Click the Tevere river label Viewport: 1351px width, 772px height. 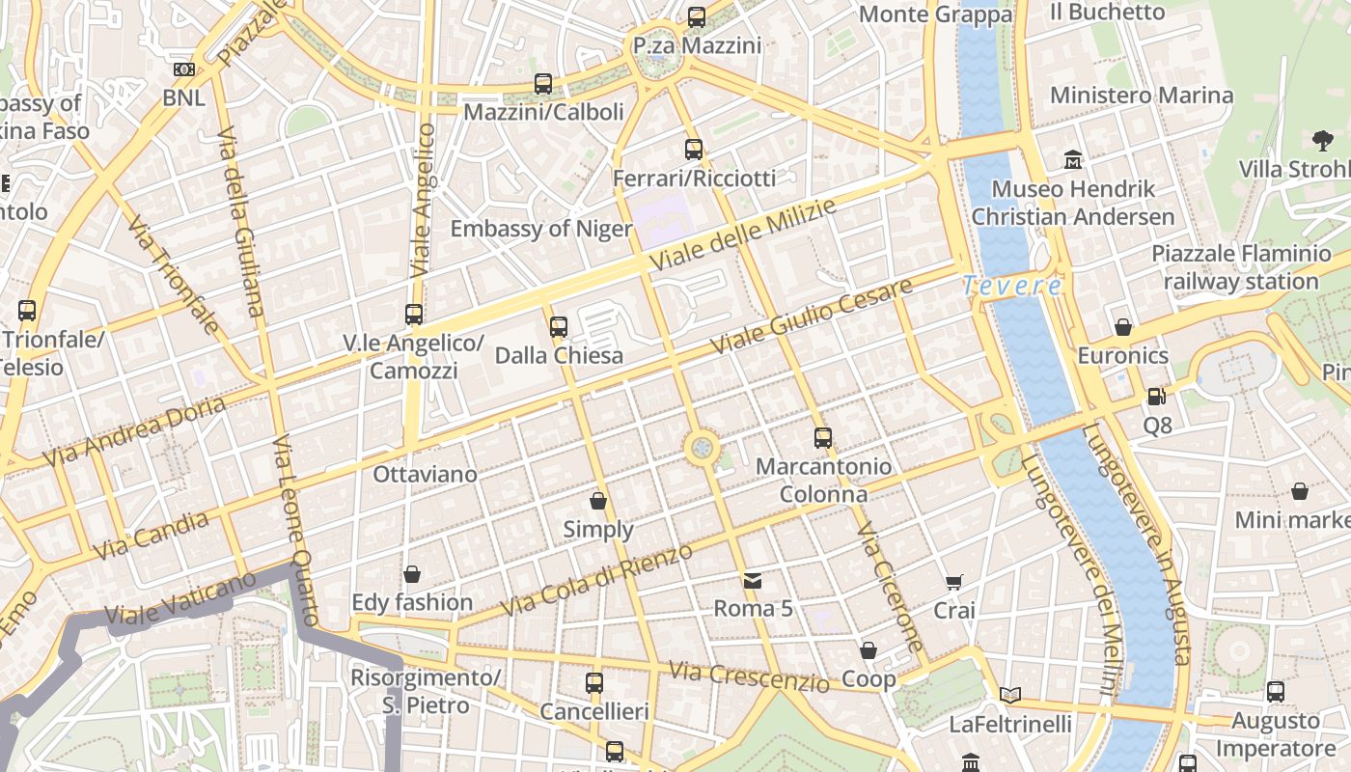(x=1012, y=286)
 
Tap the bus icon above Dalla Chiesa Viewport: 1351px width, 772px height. (x=559, y=327)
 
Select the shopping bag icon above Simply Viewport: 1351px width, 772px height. (x=598, y=501)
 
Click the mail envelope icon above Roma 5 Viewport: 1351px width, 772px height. (x=753, y=581)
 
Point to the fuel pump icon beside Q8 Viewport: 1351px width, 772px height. (x=1156, y=396)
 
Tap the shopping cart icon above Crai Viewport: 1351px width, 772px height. (x=954, y=582)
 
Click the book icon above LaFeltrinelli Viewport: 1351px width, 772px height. (x=1010, y=695)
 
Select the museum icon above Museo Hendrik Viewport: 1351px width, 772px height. (x=1073, y=159)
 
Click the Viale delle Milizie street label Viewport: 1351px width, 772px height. (x=742, y=236)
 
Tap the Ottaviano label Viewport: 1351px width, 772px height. (x=426, y=474)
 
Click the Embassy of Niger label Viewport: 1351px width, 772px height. (x=541, y=229)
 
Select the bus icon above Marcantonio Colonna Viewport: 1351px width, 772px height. (x=823, y=438)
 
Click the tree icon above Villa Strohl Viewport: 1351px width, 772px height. (x=1323, y=141)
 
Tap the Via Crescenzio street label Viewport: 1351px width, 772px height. (x=749, y=676)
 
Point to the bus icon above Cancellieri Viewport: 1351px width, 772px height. (x=594, y=683)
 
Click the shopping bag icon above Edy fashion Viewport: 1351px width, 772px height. (x=412, y=574)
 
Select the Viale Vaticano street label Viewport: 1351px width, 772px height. (x=180, y=598)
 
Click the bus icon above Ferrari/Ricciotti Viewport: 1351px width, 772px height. (x=694, y=150)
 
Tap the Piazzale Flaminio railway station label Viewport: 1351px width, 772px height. (x=1241, y=267)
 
